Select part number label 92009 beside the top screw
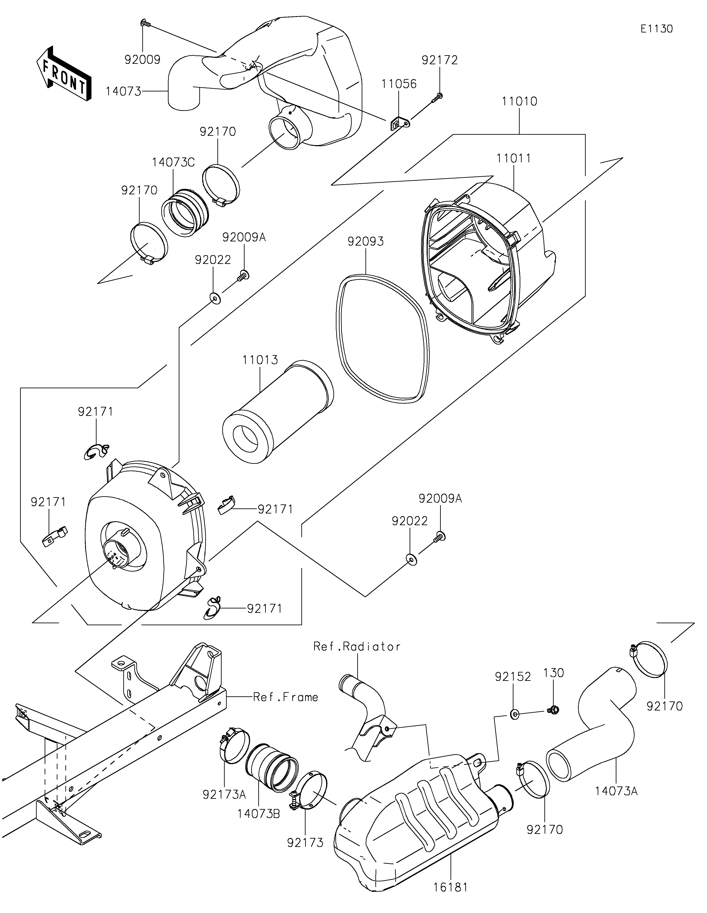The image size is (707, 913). coord(143,60)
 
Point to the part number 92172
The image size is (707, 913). coord(440,60)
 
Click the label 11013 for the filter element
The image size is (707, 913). coord(260,360)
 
